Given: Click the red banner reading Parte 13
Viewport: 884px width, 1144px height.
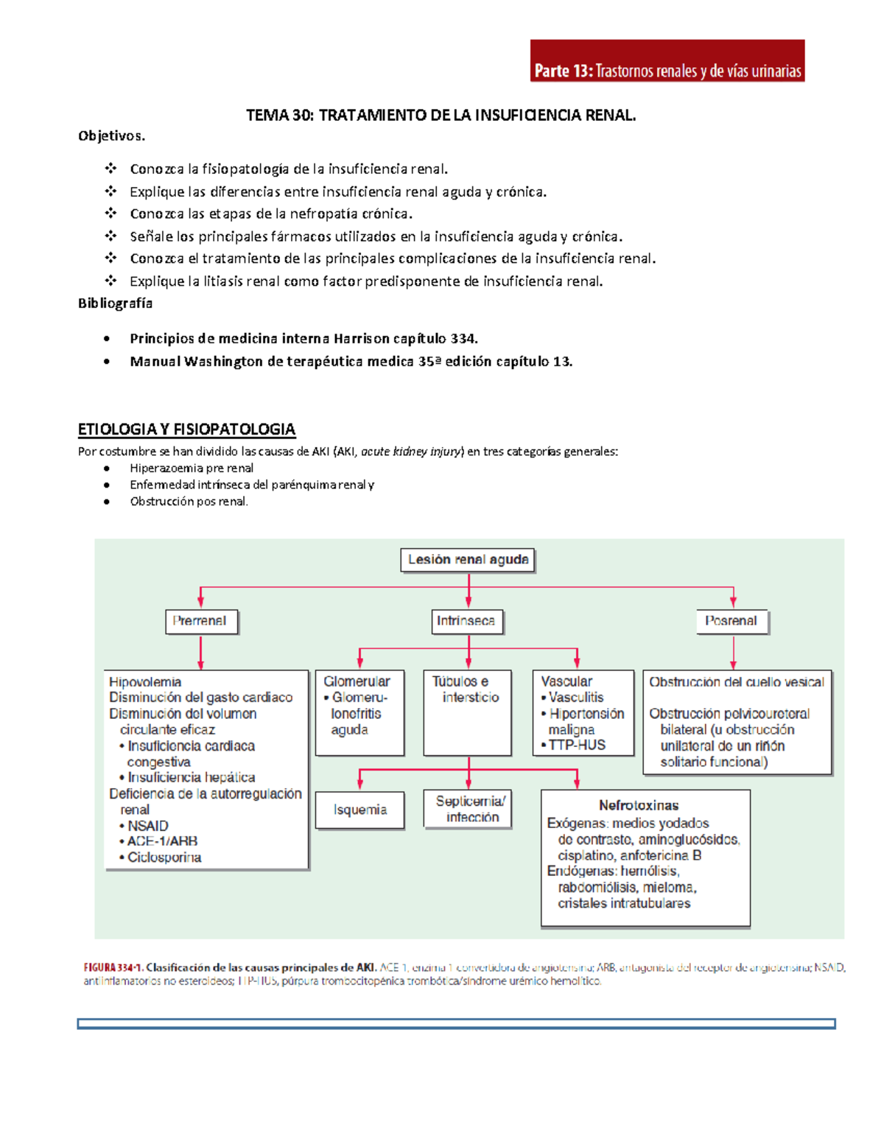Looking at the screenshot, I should (x=667, y=61).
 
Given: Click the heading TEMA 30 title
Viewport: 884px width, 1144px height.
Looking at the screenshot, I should (x=441, y=115).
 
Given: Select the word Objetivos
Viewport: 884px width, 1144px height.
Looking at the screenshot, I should (x=111, y=136).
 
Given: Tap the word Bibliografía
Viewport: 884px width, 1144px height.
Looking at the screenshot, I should (x=115, y=303).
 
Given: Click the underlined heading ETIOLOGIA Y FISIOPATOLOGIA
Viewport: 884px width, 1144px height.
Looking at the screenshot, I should (x=186, y=429).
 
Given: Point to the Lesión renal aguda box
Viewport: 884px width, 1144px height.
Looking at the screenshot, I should (x=468, y=560).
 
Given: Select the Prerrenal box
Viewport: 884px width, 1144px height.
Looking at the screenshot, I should (x=200, y=621).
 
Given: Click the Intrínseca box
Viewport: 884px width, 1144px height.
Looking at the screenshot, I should (x=466, y=621).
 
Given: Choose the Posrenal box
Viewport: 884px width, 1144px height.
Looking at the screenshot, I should (x=731, y=621).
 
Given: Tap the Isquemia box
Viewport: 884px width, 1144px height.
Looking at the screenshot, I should (x=359, y=810).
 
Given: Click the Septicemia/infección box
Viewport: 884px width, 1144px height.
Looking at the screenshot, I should (x=468, y=809).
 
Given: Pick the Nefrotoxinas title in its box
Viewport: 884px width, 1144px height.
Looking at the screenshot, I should (x=638, y=805).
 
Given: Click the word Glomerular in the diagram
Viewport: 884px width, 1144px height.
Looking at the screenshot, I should (x=357, y=681).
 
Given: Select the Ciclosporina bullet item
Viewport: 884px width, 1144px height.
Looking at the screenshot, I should (x=164, y=857).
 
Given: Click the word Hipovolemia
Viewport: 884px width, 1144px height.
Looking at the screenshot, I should (x=145, y=682).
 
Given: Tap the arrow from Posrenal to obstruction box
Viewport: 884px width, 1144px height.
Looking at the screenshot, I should (x=733, y=653).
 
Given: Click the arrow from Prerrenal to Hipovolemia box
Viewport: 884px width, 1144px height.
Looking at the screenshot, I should (x=200, y=653).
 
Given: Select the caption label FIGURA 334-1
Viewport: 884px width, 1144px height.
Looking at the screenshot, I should (x=113, y=967).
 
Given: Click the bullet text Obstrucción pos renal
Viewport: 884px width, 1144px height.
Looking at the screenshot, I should (x=189, y=502).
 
